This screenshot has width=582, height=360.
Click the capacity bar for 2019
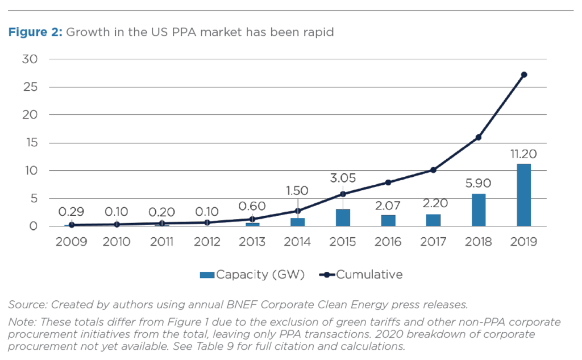[523, 195]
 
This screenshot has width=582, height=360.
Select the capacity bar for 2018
[479, 210]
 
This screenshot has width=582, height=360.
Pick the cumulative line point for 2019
[523, 75]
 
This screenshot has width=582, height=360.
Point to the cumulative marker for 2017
[433, 170]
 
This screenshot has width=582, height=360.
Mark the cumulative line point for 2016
[388, 183]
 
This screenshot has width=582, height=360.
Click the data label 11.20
[523, 154]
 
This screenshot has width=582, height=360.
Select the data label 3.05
[343, 178]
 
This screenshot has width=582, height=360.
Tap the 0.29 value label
[71, 212]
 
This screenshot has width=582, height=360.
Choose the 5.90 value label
[479, 184]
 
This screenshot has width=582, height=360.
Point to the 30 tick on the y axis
[30, 59]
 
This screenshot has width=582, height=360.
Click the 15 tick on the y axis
[30, 143]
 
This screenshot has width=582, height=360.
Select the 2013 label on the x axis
[252, 242]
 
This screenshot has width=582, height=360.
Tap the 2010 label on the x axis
[117, 242]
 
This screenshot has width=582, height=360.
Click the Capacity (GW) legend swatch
[207, 275]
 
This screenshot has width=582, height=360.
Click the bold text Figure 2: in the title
[34, 32]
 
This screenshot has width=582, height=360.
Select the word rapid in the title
[318, 32]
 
